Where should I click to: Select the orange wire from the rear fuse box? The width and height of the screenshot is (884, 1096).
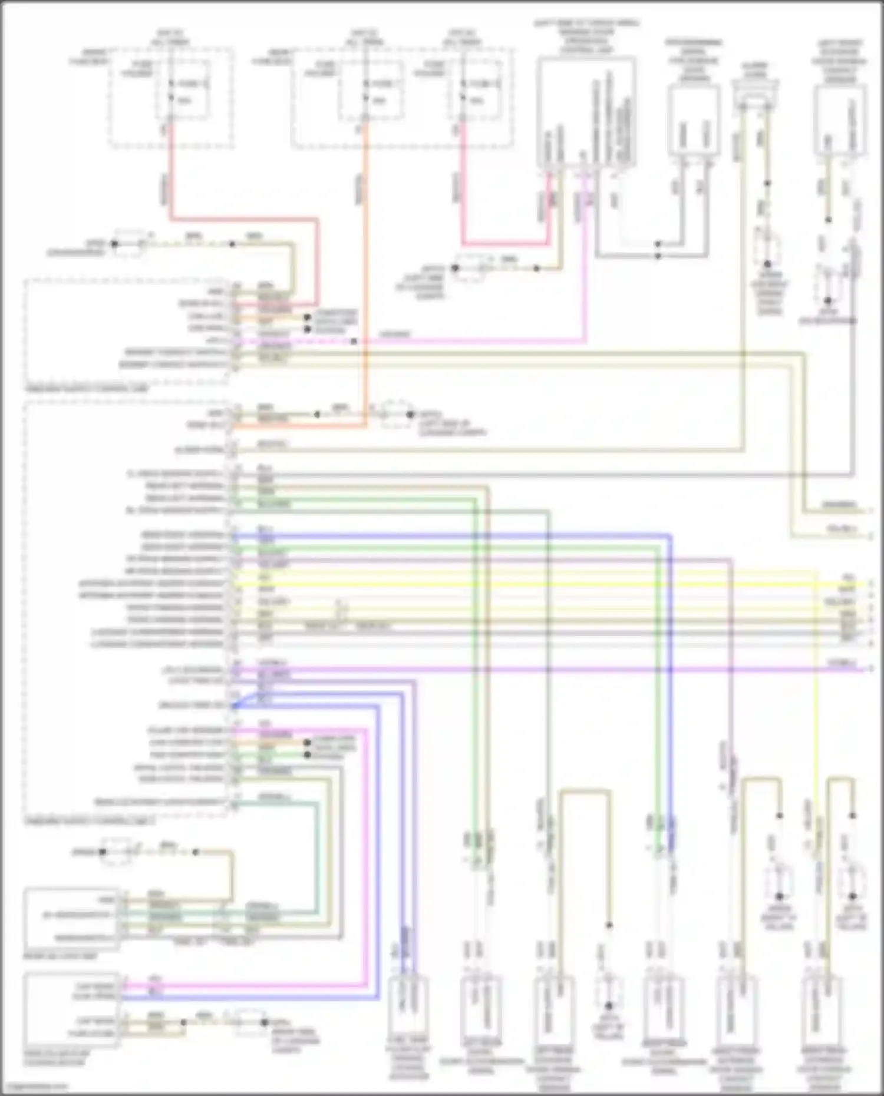365,236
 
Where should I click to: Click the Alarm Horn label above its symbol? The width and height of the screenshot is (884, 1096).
756,70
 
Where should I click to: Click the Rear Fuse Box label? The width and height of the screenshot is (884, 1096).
271,57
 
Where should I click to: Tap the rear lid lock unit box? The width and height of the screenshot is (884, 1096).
71,919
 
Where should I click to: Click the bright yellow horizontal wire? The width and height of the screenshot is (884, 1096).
530,584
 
